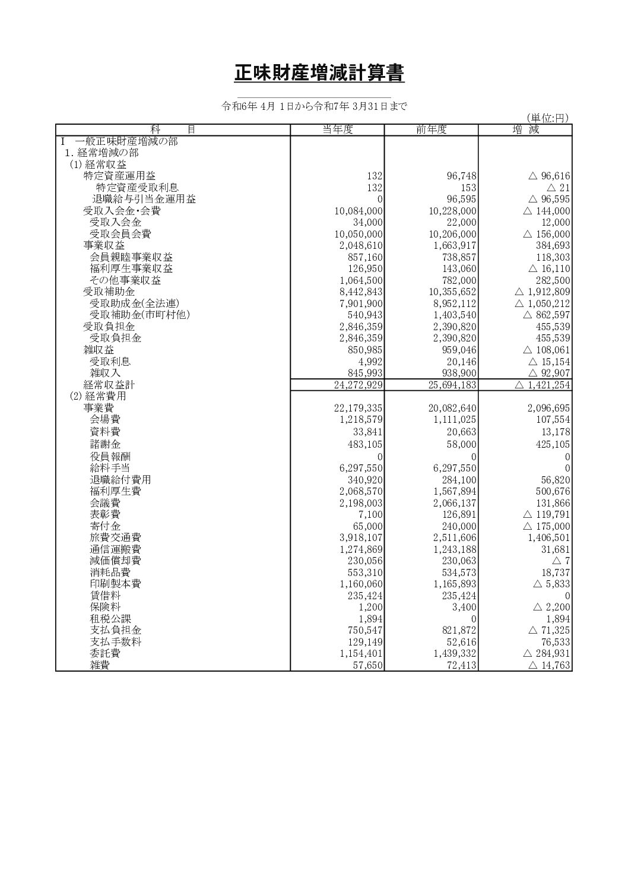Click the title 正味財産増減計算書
[x=319, y=74]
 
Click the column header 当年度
[x=337, y=130]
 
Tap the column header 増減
[x=525, y=130]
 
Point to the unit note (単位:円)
[x=547, y=118]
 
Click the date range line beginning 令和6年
[x=314, y=107]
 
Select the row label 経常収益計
[x=109, y=385]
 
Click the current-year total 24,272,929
[x=359, y=385]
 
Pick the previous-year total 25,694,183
[x=452, y=385]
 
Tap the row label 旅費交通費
[x=115, y=538]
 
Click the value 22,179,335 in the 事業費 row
[x=359, y=408]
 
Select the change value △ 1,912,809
[x=543, y=292]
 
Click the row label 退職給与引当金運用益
[x=144, y=199]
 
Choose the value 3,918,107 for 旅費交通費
[x=361, y=538]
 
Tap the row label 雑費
[x=100, y=665]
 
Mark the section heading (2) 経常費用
[x=98, y=396]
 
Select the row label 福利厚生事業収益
[x=131, y=268]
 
